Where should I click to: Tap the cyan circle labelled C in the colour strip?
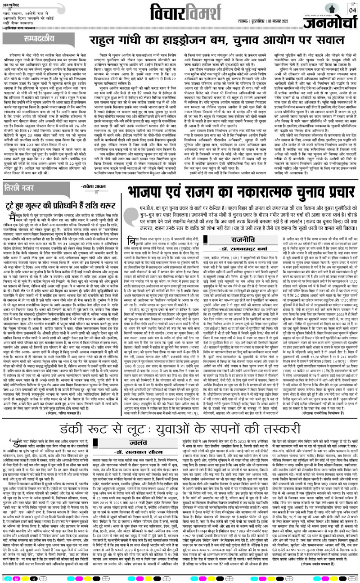click(6, 578)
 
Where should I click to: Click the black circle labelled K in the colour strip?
click(31, 578)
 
